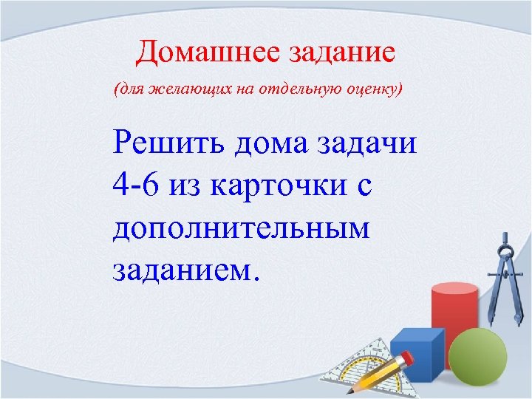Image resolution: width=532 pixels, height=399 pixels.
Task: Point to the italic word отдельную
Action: point(294,90)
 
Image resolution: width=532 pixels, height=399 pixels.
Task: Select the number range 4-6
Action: point(137,185)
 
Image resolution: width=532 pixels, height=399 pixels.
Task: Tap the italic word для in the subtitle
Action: point(127,90)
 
